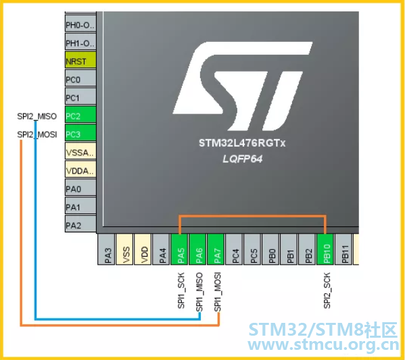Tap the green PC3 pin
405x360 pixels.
click(x=80, y=133)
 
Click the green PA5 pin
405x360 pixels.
click(x=180, y=249)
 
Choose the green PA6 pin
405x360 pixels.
click(x=197, y=249)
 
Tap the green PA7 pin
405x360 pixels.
click(x=216, y=249)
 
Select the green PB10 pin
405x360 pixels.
click(x=325, y=249)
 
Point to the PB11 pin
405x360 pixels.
click(x=343, y=249)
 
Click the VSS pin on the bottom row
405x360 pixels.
click(x=125, y=249)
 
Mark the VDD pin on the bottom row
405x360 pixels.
click(x=143, y=249)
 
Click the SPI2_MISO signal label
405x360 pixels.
click(x=37, y=116)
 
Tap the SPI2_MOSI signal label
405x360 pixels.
click(x=37, y=134)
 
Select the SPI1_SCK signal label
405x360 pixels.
click(x=181, y=290)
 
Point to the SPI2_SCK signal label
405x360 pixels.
click(x=327, y=290)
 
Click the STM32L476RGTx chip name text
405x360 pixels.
click(x=242, y=143)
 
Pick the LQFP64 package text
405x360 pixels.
click(x=243, y=159)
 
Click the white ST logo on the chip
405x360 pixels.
click(x=243, y=86)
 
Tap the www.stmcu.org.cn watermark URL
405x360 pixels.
click(x=323, y=345)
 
